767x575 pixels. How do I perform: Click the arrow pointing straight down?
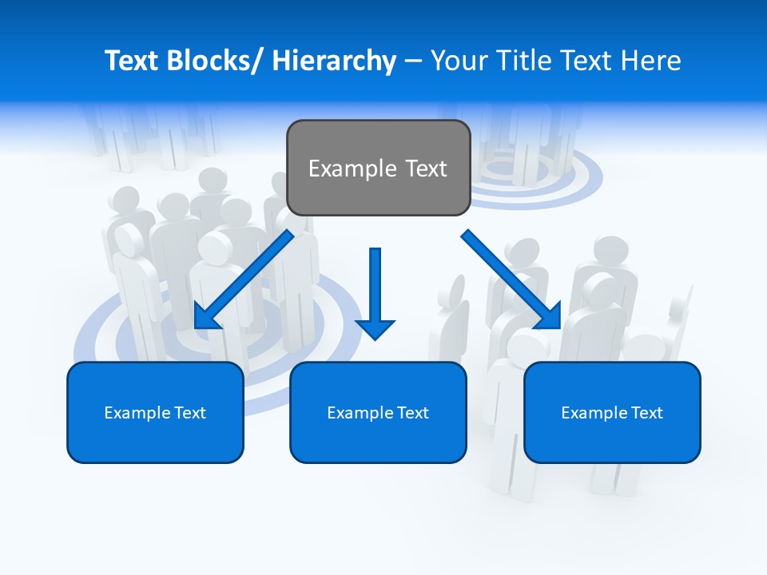(375, 291)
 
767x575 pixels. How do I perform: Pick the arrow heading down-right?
(511, 280)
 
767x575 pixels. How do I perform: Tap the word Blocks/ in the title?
(215, 61)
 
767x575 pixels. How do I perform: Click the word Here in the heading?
(652, 61)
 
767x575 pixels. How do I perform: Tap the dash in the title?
(413, 61)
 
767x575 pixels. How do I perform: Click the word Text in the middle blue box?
(411, 413)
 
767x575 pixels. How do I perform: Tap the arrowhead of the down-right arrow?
(548, 316)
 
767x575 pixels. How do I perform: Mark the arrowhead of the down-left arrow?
(207, 315)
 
